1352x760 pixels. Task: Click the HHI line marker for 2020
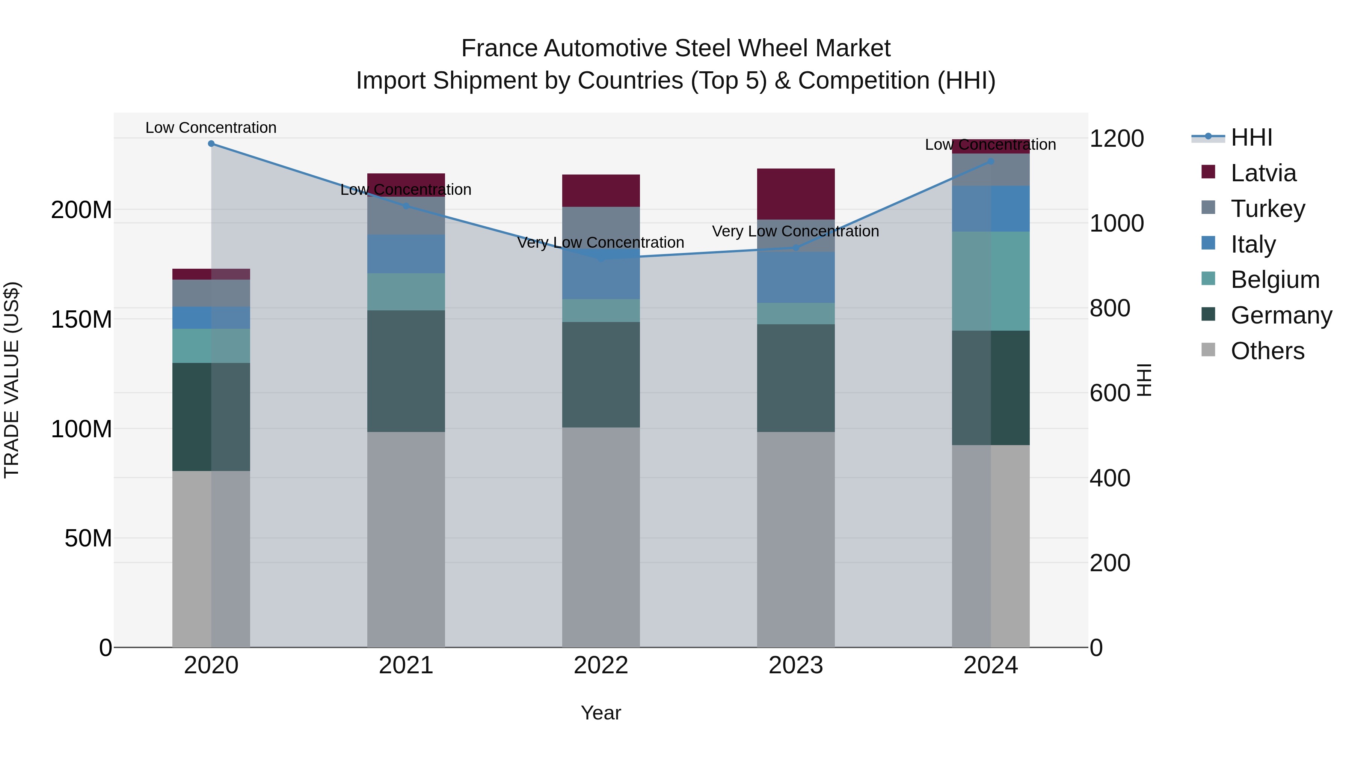pos(211,143)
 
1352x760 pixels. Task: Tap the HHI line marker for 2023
pos(796,248)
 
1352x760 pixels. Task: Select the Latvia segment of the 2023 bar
pos(796,194)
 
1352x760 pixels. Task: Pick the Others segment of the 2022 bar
pos(601,537)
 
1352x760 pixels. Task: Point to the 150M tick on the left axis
pos(81,319)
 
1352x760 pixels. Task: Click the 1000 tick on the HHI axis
pos(1117,223)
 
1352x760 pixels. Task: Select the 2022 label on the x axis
pos(601,665)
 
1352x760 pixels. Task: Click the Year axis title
pos(601,713)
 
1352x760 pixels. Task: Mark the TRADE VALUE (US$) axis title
pos(12,380)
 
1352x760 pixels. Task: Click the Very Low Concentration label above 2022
pos(601,242)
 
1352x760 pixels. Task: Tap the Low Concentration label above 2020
pos(211,128)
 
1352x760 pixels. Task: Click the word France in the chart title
pos(499,48)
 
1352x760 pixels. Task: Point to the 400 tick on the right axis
pos(1109,479)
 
